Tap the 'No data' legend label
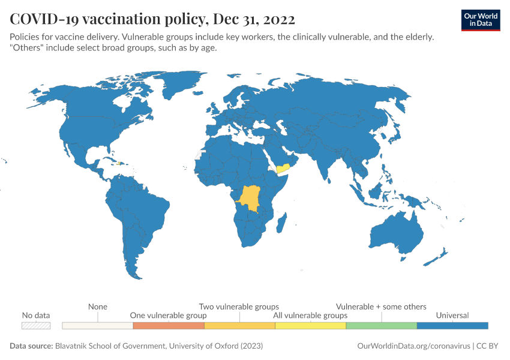36,315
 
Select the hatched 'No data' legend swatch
36,326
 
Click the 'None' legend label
98,307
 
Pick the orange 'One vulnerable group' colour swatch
169,326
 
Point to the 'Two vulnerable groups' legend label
239,307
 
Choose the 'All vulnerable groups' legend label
310,315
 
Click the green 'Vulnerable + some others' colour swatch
381,326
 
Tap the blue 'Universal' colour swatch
452,326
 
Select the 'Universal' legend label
452,315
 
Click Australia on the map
397,231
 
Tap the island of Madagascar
280,224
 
